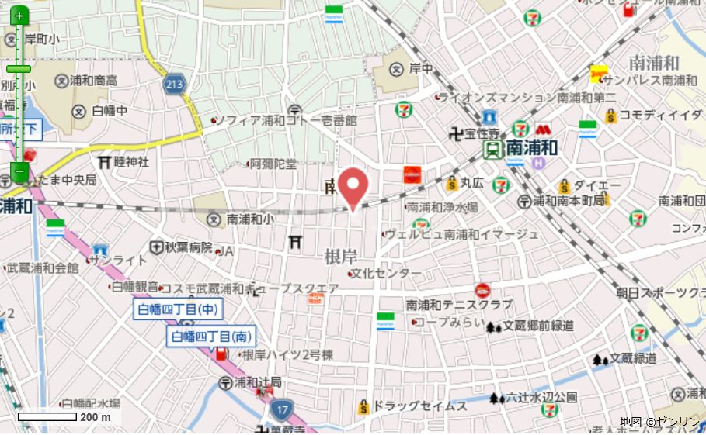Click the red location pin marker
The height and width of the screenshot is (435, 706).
tap(354, 186)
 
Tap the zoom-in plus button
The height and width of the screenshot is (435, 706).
tap(19, 15)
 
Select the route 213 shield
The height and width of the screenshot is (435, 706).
tap(174, 84)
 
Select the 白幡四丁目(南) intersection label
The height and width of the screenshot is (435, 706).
tap(212, 337)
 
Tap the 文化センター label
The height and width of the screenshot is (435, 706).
tap(389, 274)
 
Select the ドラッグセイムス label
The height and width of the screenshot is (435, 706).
tap(420, 406)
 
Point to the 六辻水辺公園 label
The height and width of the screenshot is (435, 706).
tap(542, 398)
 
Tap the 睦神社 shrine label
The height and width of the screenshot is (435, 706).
tap(131, 162)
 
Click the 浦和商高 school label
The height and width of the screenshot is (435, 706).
tap(93, 81)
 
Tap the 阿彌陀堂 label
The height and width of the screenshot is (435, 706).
tap(273, 164)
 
